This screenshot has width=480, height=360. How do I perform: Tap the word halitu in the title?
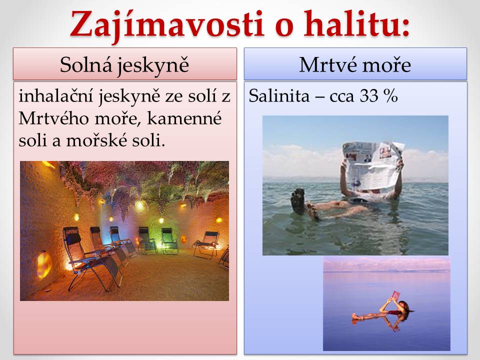click(356, 24)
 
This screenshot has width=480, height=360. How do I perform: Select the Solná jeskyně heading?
click(124, 65)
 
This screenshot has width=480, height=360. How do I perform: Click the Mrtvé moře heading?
click(355, 64)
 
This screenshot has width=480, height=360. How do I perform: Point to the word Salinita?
click(279, 96)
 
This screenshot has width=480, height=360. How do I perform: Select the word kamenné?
click(184, 118)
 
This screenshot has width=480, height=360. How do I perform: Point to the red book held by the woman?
click(396, 295)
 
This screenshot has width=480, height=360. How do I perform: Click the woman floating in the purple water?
click(382, 309)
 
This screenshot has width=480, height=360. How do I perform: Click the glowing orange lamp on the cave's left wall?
click(44, 264)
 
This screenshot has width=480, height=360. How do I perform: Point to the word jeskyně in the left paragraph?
click(129, 96)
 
